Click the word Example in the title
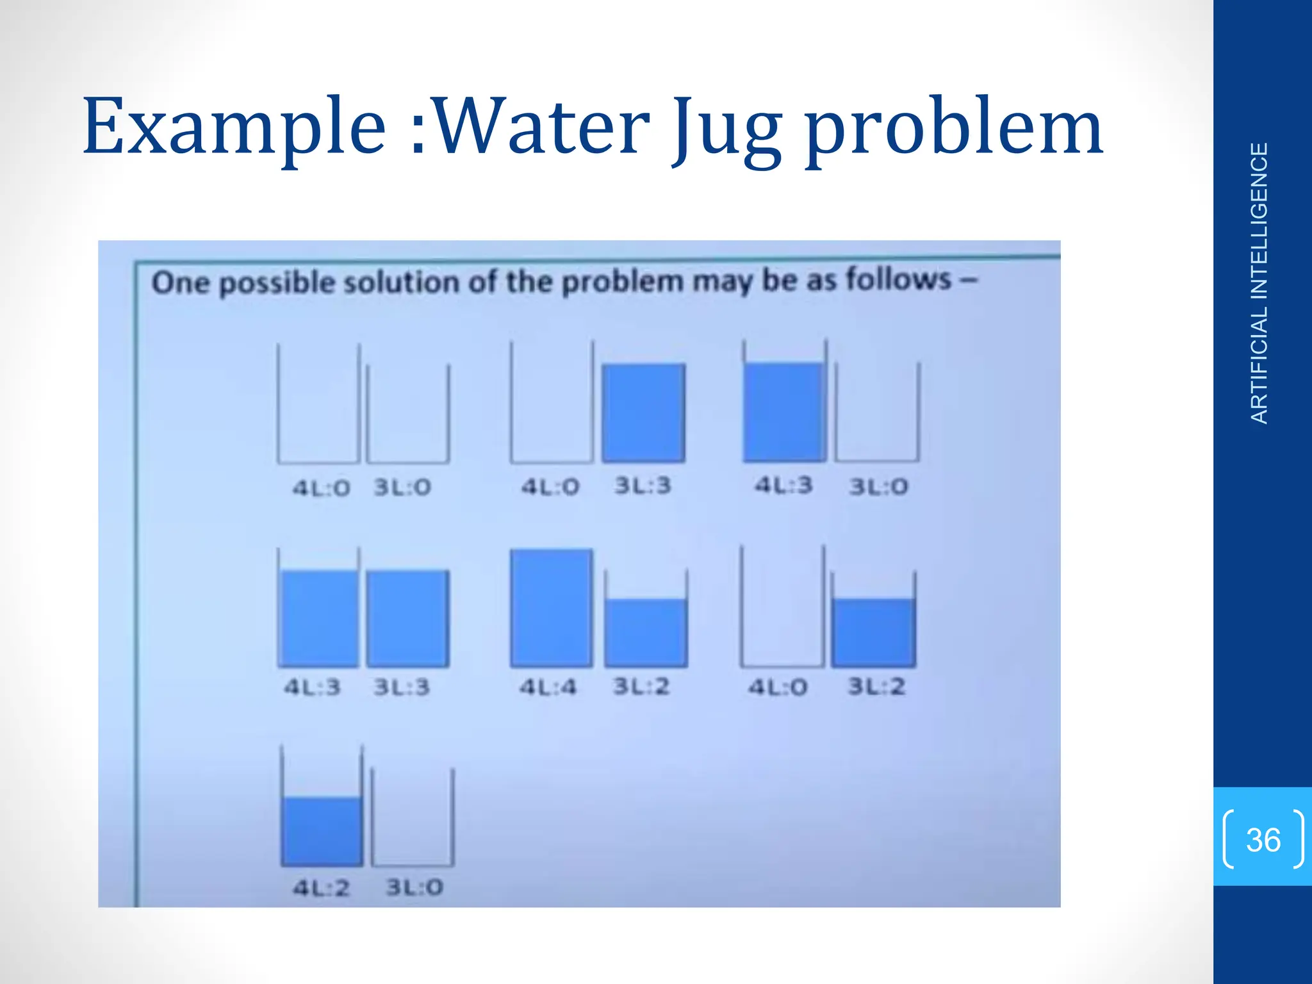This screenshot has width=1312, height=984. [234, 127]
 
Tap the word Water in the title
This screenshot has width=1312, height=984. [541, 127]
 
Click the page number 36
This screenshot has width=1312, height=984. [1263, 840]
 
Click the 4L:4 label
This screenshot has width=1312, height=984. [548, 687]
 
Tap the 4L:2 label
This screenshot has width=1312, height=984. [321, 888]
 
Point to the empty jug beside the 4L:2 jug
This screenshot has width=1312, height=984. [413, 817]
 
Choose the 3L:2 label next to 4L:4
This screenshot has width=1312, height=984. [641, 687]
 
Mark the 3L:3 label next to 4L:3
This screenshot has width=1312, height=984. [402, 687]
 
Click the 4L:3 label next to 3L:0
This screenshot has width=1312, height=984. [783, 485]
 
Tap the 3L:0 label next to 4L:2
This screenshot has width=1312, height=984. [414, 888]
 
